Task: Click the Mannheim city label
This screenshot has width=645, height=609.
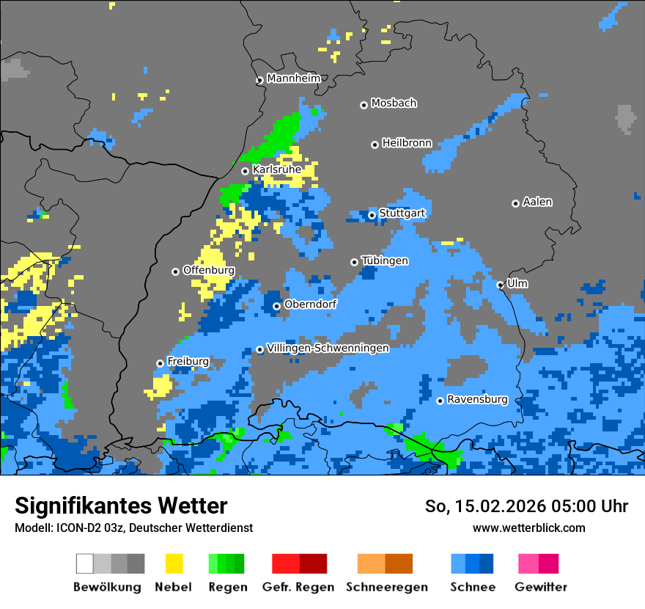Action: pos(293,79)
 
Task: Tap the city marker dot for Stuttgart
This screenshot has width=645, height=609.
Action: pos(372,215)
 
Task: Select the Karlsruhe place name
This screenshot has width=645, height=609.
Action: pos(276,169)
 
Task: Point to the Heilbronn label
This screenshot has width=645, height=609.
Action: pos(407,143)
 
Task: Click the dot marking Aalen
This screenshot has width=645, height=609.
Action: pos(515,203)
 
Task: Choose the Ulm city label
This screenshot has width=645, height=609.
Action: pos(517,283)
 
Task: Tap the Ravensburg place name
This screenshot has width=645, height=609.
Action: pos(477,400)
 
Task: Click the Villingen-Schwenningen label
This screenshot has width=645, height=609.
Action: pos(328,348)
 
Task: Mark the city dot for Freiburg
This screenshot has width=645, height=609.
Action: pos(160,363)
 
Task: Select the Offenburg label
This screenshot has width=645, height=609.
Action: pos(208,270)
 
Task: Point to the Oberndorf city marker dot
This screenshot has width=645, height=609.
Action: pos(276,306)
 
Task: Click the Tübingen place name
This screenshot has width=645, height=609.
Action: pos(385,260)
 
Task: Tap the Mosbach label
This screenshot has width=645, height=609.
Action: pos(394,103)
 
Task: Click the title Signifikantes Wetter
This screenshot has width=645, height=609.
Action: pos(121,506)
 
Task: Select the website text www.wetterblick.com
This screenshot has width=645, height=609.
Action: pos(528,528)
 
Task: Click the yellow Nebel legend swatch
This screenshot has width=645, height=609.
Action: pos(174,564)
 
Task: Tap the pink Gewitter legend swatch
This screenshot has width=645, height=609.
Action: pos(528,564)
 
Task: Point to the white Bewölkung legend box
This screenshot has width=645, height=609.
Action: pos(84,564)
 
